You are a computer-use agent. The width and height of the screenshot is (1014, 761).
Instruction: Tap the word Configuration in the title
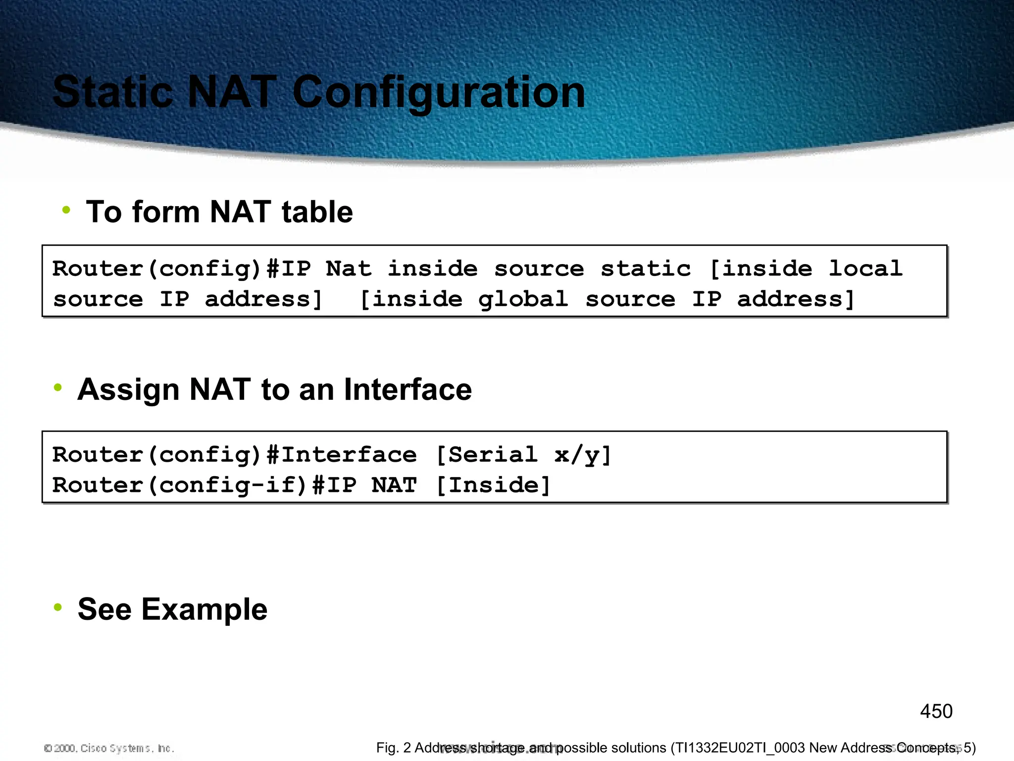pyautogui.click(x=439, y=93)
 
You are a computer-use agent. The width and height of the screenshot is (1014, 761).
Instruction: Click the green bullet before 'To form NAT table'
pyautogui.click(x=66, y=210)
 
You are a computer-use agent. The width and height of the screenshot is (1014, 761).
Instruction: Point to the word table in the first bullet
pyautogui.click(x=317, y=212)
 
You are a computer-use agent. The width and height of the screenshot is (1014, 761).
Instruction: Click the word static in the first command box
pyautogui.click(x=646, y=269)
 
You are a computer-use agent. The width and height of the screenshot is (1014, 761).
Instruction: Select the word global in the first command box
pyautogui.click(x=523, y=299)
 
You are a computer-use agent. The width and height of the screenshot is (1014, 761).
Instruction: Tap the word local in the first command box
pyautogui.click(x=865, y=269)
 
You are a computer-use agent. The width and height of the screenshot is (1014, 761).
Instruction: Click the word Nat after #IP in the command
pyautogui.click(x=349, y=269)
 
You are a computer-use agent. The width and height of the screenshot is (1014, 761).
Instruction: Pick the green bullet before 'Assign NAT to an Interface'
pyautogui.click(x=58, y=387)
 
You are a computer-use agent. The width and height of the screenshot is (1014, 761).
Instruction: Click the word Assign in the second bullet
pyautogui.click(x=129, y=390)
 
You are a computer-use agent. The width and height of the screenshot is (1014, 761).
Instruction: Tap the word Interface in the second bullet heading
pyautogui.click(x=407, y=389)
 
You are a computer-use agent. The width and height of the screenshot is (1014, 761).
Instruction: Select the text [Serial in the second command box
pyautogui.click(x=486, y=455)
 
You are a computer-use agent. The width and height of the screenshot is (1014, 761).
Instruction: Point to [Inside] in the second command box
pyautogui.click(x=493, y=485)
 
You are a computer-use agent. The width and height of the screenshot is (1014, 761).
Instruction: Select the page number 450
pyautogui.click(x=936, y=711)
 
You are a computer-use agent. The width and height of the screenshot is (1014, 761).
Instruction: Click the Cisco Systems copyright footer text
pyautogui.click(x=109, y=748)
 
